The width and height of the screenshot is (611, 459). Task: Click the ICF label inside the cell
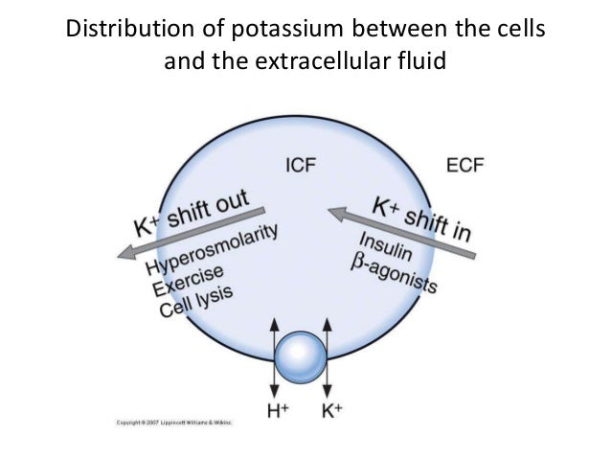pyautogui.click(x=301, y=165)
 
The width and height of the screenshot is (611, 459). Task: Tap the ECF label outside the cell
pyautogui.click(x=465, y=165)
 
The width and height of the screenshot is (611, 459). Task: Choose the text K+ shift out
pyautogui.click(x=192, y=212)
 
